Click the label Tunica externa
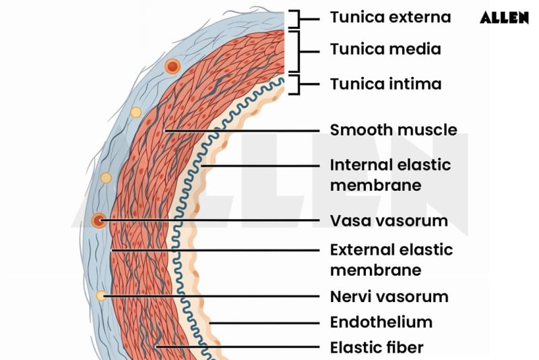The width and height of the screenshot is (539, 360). [390, 18]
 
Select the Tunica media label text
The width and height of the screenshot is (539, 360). [385, 49]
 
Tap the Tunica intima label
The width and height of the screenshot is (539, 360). [385, 84]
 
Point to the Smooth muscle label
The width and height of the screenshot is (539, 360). [393, 129]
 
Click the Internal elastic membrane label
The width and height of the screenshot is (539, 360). [390, 175]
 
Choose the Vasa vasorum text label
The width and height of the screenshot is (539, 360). [389, 220]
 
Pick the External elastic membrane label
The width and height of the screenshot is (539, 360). [391, 260]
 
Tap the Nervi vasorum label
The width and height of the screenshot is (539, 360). [389, 297]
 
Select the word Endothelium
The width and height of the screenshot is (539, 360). [381, 322]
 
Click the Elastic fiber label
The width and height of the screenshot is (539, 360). [377, 348]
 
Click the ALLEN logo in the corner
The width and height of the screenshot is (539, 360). [504, 18]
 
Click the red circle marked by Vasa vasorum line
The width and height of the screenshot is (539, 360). [99, 220]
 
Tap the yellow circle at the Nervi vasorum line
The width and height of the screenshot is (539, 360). [100, 295]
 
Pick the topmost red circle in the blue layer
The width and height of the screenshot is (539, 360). [172, 66]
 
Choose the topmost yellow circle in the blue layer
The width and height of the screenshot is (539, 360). [135, 112]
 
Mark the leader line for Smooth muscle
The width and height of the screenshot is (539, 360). [243, 129]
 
